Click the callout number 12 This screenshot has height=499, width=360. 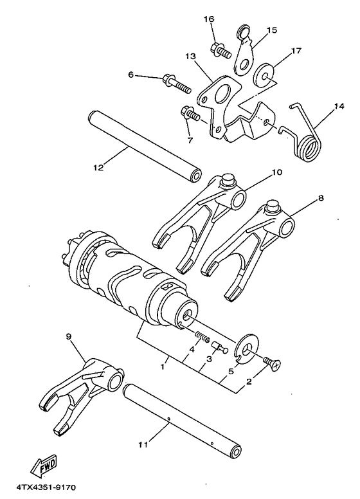coord(98,168)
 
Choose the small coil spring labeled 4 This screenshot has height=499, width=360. coord(203,336)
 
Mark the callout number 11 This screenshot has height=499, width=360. coord(141,443)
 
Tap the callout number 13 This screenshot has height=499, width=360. coord(190,57)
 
